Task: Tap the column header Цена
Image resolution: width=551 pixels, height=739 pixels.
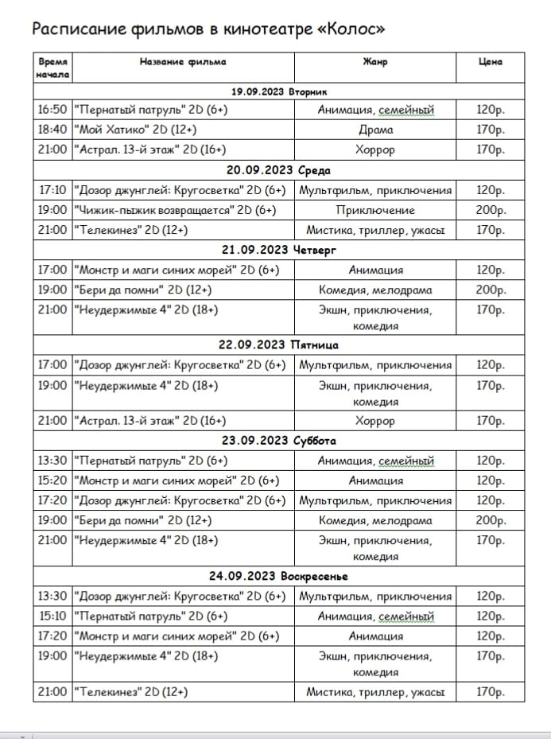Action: [x=491, y=62]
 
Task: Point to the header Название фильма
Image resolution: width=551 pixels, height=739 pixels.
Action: [x=182, y=62]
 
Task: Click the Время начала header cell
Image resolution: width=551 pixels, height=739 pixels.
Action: [x=52, y=68]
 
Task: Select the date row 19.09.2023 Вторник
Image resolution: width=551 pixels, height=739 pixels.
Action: [x=279, y=91]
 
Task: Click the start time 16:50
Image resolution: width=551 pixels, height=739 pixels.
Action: [x=52, y=110]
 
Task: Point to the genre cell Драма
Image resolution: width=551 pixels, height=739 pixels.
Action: [x=375, y=130]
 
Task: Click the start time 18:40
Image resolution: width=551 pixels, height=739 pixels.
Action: [x=52, y=130]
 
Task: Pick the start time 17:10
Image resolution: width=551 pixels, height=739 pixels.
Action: [x=52, y=190]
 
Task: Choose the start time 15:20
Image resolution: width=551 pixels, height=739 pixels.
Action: [x=52, y=480]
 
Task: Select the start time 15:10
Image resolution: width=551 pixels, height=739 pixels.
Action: [x=52, y=616]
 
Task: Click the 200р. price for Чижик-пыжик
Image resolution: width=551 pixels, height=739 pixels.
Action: [x=491, y=210]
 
